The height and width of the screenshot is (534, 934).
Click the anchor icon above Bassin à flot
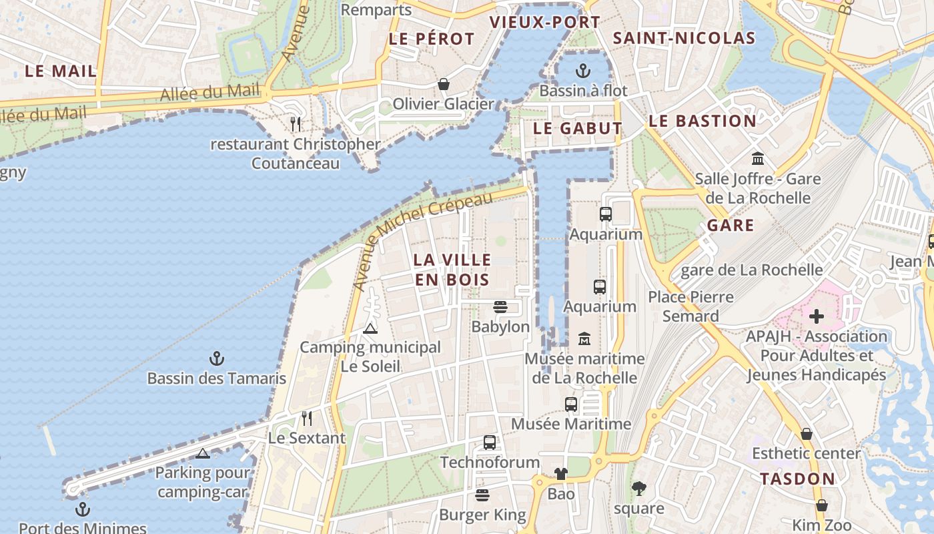(583, 71)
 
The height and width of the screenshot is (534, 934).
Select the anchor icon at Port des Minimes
(82, 509)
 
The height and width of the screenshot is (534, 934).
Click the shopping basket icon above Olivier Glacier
(443, 84)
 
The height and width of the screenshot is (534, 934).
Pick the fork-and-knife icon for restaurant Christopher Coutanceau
(296, 123)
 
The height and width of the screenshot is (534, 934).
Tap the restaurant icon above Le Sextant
(306, 419)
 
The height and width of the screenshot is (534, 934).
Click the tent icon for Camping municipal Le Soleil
(370, 328)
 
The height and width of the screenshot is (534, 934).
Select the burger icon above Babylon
(500, 307)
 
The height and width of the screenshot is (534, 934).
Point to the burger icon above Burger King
(482, 495)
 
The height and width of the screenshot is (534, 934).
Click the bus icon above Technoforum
(489, 442)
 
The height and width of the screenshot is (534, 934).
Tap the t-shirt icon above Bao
(560, 474)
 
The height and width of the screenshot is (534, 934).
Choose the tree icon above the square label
(638, 489)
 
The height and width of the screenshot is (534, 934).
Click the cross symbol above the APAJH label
(816, 316)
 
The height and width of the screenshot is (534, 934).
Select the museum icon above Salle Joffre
(757, 159)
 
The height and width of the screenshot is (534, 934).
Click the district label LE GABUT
(578, 128)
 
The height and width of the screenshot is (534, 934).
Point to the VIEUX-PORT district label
(545, 22)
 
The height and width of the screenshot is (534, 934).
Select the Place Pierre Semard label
(690, 306)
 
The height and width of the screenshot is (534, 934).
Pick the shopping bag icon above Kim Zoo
(821, 505)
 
